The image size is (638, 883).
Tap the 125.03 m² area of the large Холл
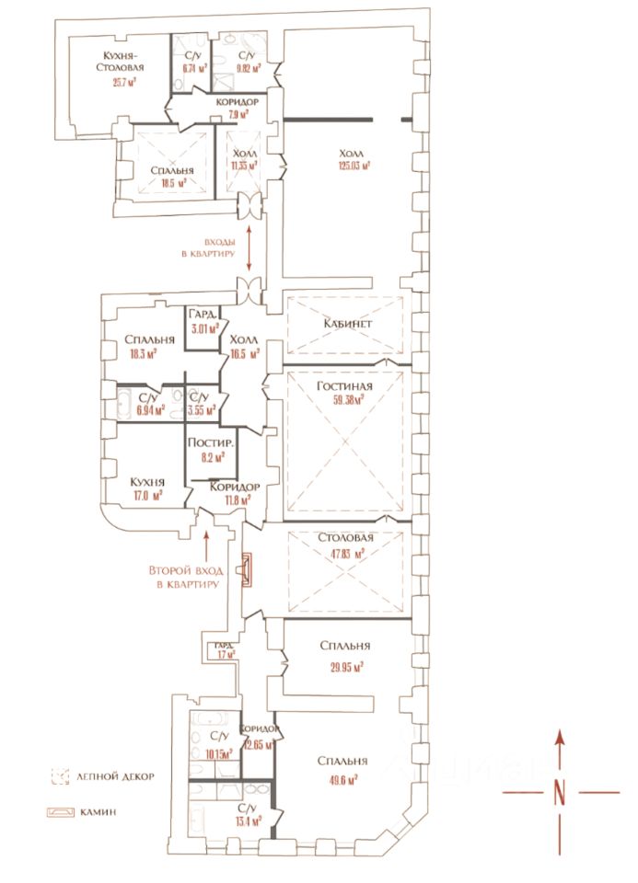[353, 166]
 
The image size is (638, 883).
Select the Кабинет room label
[345, 323]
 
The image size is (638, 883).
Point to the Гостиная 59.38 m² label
[343, 393]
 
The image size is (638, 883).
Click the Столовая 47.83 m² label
[344, 545]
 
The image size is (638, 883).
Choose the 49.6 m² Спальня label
[342, 770]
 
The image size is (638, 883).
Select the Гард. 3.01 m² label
[203, 319]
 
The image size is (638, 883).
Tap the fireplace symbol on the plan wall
[246, 570]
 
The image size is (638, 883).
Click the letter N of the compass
[559, 792]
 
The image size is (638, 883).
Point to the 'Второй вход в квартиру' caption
[185, 577]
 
